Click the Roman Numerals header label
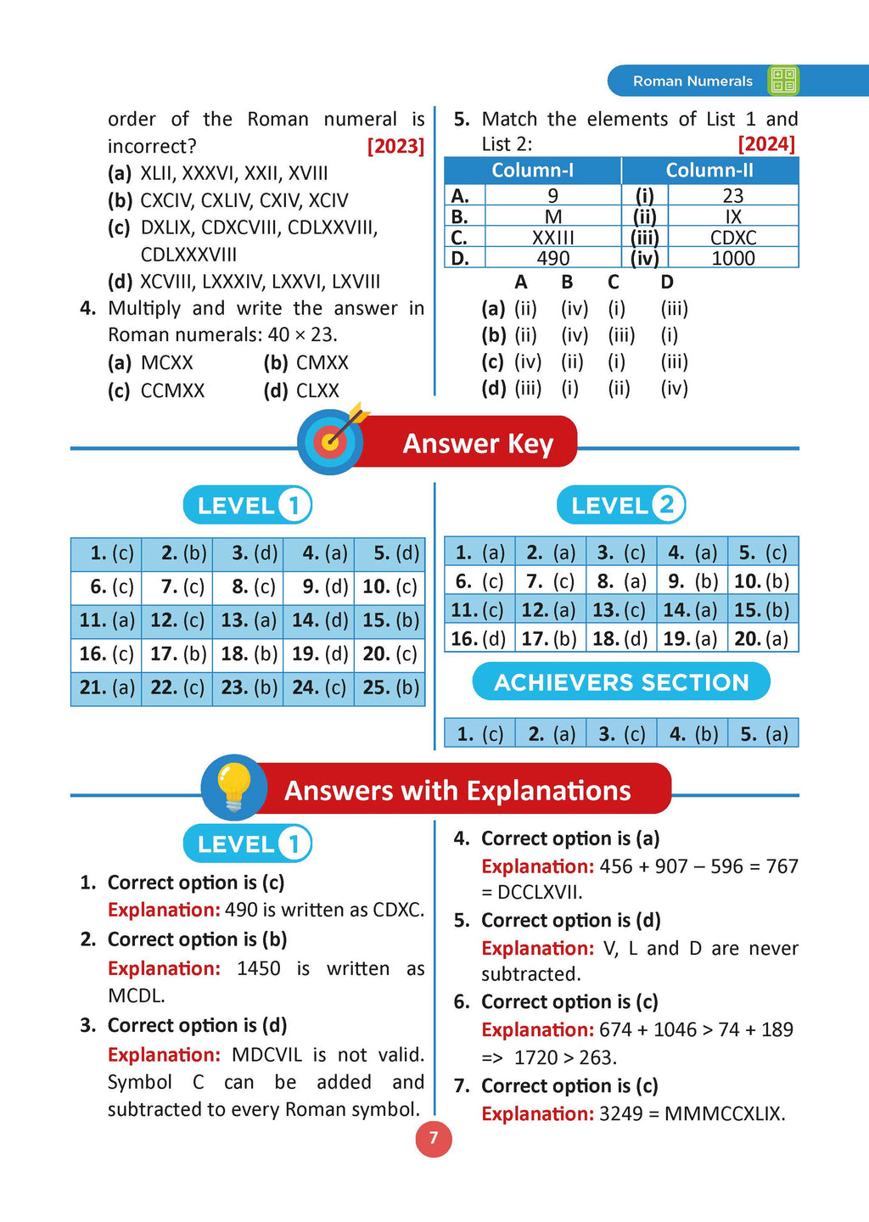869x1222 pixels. click(x=692, y=81)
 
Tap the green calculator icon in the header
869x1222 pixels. click(x=782, y=81)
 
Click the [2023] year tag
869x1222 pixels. click(x=395, y=146)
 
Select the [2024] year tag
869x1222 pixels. click(x=766, y=144)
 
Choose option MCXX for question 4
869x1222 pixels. click(x=166, y=363)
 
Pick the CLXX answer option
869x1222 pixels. click(x=317, y=391)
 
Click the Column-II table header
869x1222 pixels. click(x=709, y=171)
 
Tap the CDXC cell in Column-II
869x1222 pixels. click(x=733, y=238)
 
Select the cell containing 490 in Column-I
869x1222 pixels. click(x=552, y=258)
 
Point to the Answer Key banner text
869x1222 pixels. click(x=478, y=444)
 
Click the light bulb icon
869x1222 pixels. click(x=234, y=787)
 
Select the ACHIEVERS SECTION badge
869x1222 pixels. click(x=621, y=682)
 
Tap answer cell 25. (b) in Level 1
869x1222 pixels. click(x=390, y=687)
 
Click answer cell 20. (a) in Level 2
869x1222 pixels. click(x=762, y=638)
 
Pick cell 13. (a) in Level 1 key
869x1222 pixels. click(x=248, y=620)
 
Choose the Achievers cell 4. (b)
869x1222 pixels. click(x=692, y=734)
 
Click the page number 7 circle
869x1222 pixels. click(x=434, y=1138)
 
